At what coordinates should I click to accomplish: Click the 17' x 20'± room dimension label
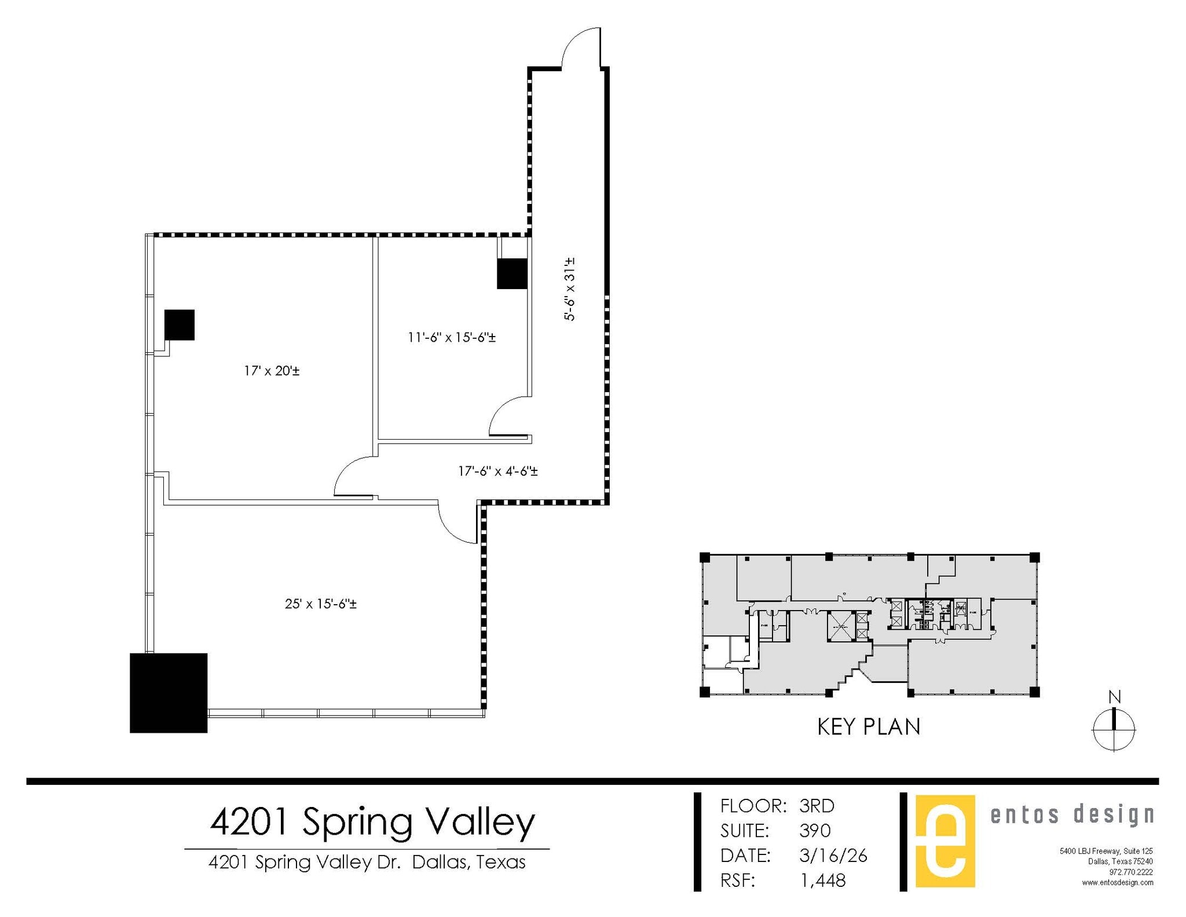click(272, 371)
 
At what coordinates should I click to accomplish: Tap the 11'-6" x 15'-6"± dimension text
click(452, 337)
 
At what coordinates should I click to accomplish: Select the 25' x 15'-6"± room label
click(320, 604)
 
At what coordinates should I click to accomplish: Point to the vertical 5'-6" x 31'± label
click(570, 289)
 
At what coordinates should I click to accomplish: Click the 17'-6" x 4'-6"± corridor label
click(498, 472)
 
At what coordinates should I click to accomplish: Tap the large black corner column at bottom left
click(169, 693)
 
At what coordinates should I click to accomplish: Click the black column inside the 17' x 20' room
click(180, 325)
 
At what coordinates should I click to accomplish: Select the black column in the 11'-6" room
click(512, 273)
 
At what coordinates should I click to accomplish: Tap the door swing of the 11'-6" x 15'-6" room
click(510, 416)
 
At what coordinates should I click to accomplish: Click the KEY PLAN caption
click(869, 727)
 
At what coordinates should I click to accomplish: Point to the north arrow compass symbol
click(1114, 729)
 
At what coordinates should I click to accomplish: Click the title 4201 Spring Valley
click(372, 823)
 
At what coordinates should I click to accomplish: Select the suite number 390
click(815, 831)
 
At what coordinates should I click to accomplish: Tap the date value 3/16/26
click(833, 856)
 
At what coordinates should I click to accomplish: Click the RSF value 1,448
click(822, 881)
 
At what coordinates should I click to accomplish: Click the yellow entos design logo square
click(945, 841)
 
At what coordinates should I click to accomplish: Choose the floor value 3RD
click(817, 806)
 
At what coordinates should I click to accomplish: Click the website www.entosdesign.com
click(1117, 883)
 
